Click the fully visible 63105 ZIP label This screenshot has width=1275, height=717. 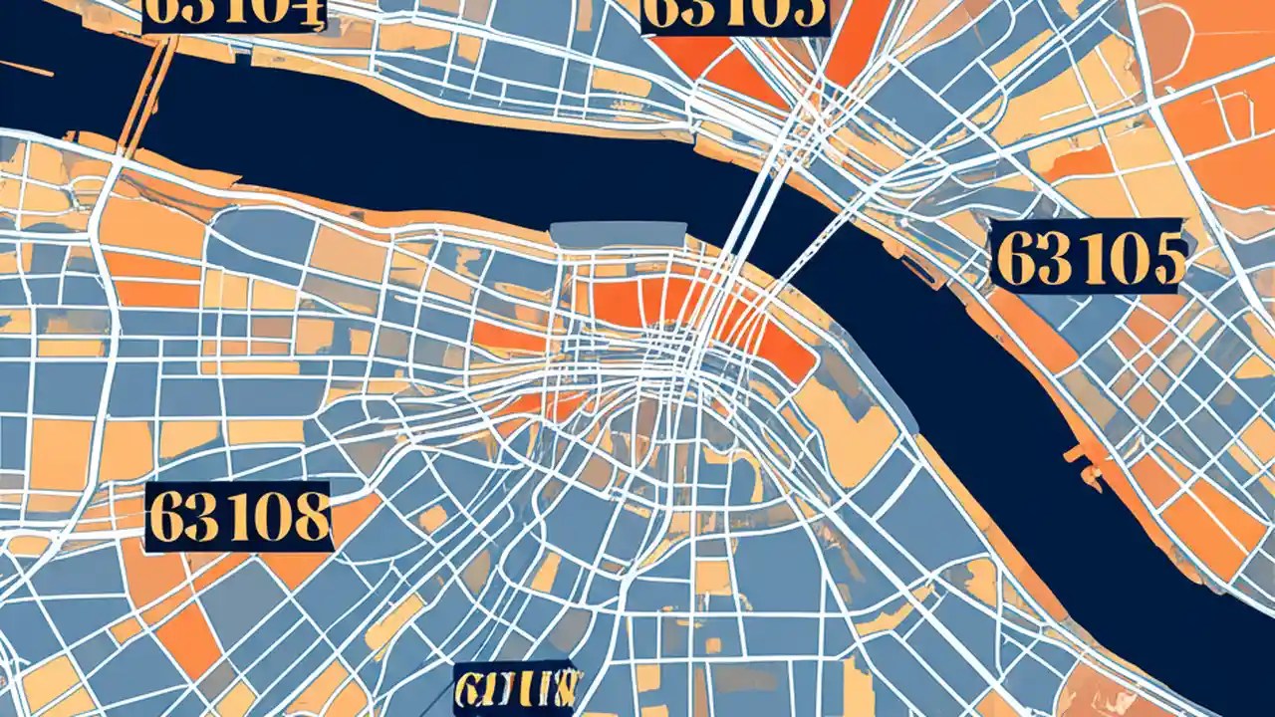pyautogui.click(x=1090, y=256)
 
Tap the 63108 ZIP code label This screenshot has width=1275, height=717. pyautogui.click(x=238, y=517)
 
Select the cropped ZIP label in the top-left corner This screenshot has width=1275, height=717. pyautogui.click(x=234, y=14)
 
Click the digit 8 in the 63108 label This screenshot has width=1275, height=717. pyautogui.click(x=311, y=517)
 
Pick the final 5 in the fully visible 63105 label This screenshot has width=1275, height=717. pyautogui.click(x=1166, y=257)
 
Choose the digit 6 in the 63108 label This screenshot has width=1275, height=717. pyautogui.click(x=166, y=517)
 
